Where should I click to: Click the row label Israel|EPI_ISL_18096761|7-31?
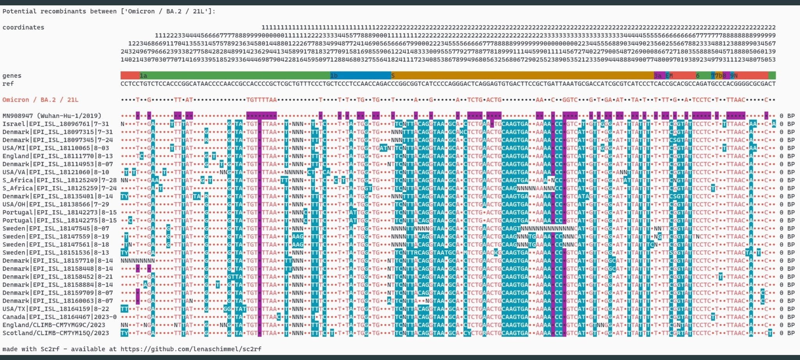click(x=56, y=124)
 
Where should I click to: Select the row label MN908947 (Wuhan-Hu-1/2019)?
click(x=52, y=116)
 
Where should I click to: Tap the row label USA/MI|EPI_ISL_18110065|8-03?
click(x=56, y=148)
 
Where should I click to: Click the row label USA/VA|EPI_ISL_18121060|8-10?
click(x=56, y=172)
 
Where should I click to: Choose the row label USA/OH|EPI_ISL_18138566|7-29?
click(x=56, y=204)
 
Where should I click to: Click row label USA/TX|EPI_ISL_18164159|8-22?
click(x=56, y=309)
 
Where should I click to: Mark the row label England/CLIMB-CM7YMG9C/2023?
click(x=54, y=325)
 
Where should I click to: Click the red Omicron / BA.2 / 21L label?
click(x=41, y=100)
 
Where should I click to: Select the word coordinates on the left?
click(x=23, y=27)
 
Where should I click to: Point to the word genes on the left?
click(x=12, y=75)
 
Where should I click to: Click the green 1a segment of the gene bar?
click(x=234, y=75)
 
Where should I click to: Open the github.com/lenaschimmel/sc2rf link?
click(x=191, y=349)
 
